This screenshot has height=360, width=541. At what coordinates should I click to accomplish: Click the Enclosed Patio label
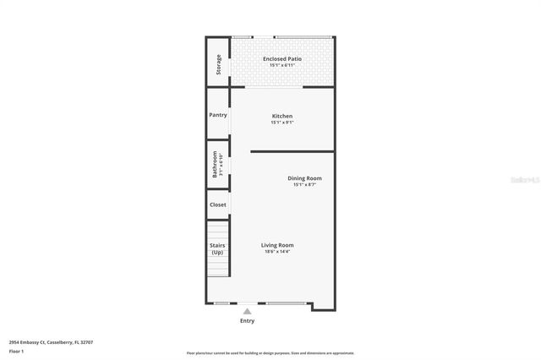(x=282, y=58)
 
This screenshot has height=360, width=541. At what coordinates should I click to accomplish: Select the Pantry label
(x=218, y=115)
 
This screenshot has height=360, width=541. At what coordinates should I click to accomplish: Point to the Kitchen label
(x=282, y=116)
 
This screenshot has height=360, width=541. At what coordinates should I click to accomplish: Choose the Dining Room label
(x=304, y=178)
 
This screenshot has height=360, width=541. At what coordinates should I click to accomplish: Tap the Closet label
(x=218, y=205)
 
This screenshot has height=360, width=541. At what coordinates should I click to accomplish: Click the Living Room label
(x=277, y=245)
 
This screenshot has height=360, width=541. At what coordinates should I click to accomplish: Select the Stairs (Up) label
(x=217, y=248)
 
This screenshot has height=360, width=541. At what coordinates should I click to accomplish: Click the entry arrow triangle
(x=247, y=311)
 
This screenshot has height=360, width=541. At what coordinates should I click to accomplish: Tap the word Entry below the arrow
(x=247, y=321)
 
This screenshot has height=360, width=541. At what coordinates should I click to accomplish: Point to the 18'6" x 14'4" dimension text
(x=277, y=252)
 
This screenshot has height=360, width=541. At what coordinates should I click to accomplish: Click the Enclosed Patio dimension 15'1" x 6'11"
(x=282, y=65)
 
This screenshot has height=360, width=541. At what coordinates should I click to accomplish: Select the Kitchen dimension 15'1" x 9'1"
(x=282, y=123)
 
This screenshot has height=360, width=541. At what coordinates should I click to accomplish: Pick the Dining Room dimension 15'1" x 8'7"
(x=304, y=185)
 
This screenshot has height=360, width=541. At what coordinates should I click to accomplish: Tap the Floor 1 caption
(x=16, y=351)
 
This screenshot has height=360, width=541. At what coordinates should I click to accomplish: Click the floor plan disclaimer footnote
(x=270, y=353)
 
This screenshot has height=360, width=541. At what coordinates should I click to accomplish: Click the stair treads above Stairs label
(x=218, y=230)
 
